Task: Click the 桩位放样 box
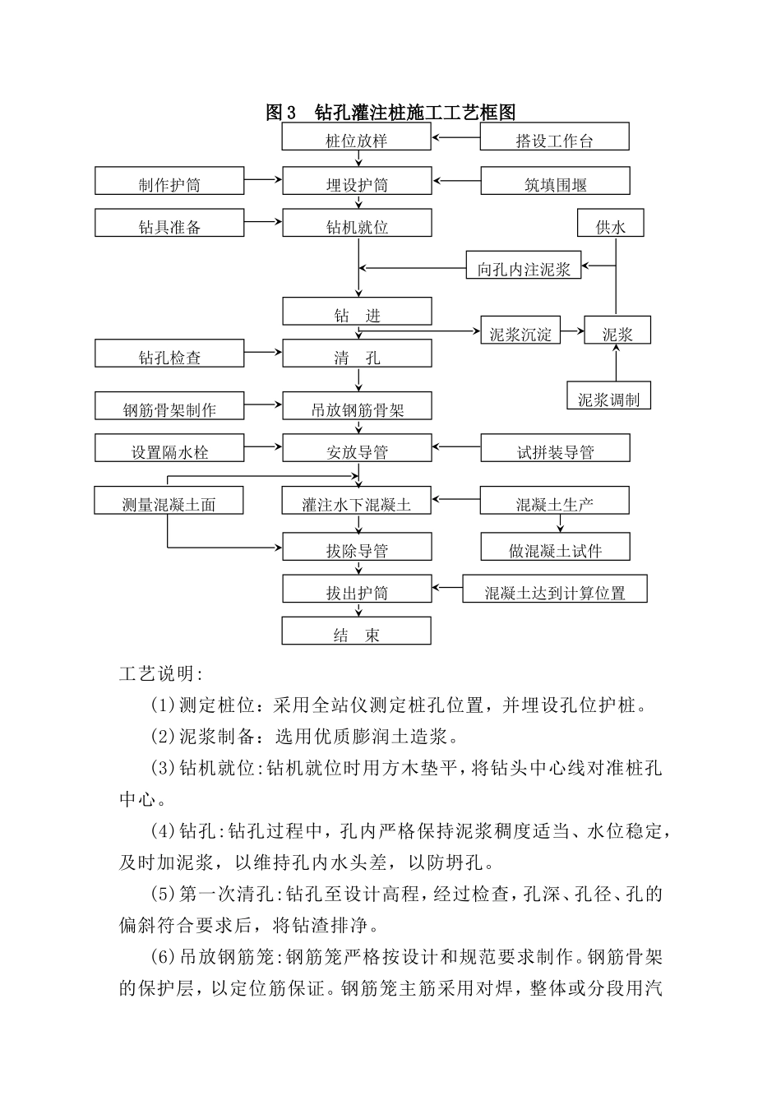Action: coord(356,137)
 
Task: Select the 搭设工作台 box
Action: coord(554,137)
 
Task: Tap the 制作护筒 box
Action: coord(169,182)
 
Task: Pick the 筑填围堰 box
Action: coord(555,182)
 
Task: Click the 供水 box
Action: coord(609,224)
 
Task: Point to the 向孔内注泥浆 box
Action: coord(524,266)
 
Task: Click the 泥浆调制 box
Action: coord(608,395)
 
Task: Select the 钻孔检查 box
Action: coord(169,354)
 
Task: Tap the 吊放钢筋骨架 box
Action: coord(357,406)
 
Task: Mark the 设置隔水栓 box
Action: coord(169,449)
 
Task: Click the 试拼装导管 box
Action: coord(555,449)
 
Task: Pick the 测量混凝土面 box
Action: coord(169,502)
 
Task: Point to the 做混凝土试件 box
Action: coord(555,548)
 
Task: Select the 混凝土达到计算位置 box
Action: coord(555,589)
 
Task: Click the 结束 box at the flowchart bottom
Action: coord(356,631)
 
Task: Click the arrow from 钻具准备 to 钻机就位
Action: coord(263,222)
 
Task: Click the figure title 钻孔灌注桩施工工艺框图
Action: coord(391,113)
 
